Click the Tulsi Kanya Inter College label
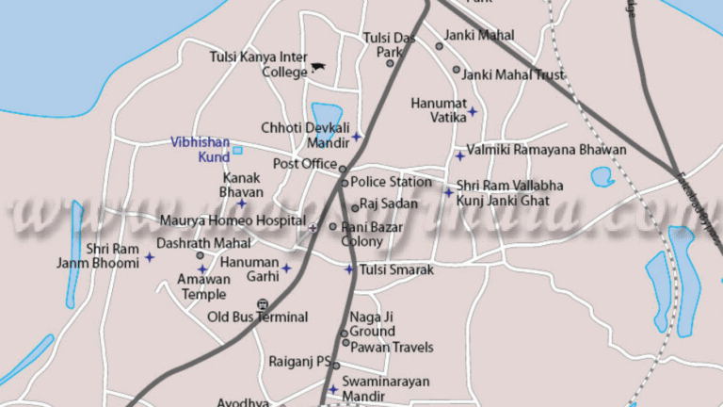click(x=258, y=64)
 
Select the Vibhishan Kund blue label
click(x=200, y=150)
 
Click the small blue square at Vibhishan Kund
click(x=237, y=150)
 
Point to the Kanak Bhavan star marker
click(x=241, y=203)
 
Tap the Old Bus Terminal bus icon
click(x=262, y=304)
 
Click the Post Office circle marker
click(x=343, y=170)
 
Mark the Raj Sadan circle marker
click(x=355, y=208)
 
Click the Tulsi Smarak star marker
click(x=349, y=269)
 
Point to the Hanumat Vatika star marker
click(x=473, y=112)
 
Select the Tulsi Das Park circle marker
click(x=390, y=52)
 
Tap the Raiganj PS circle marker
click(x=335, y=366)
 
